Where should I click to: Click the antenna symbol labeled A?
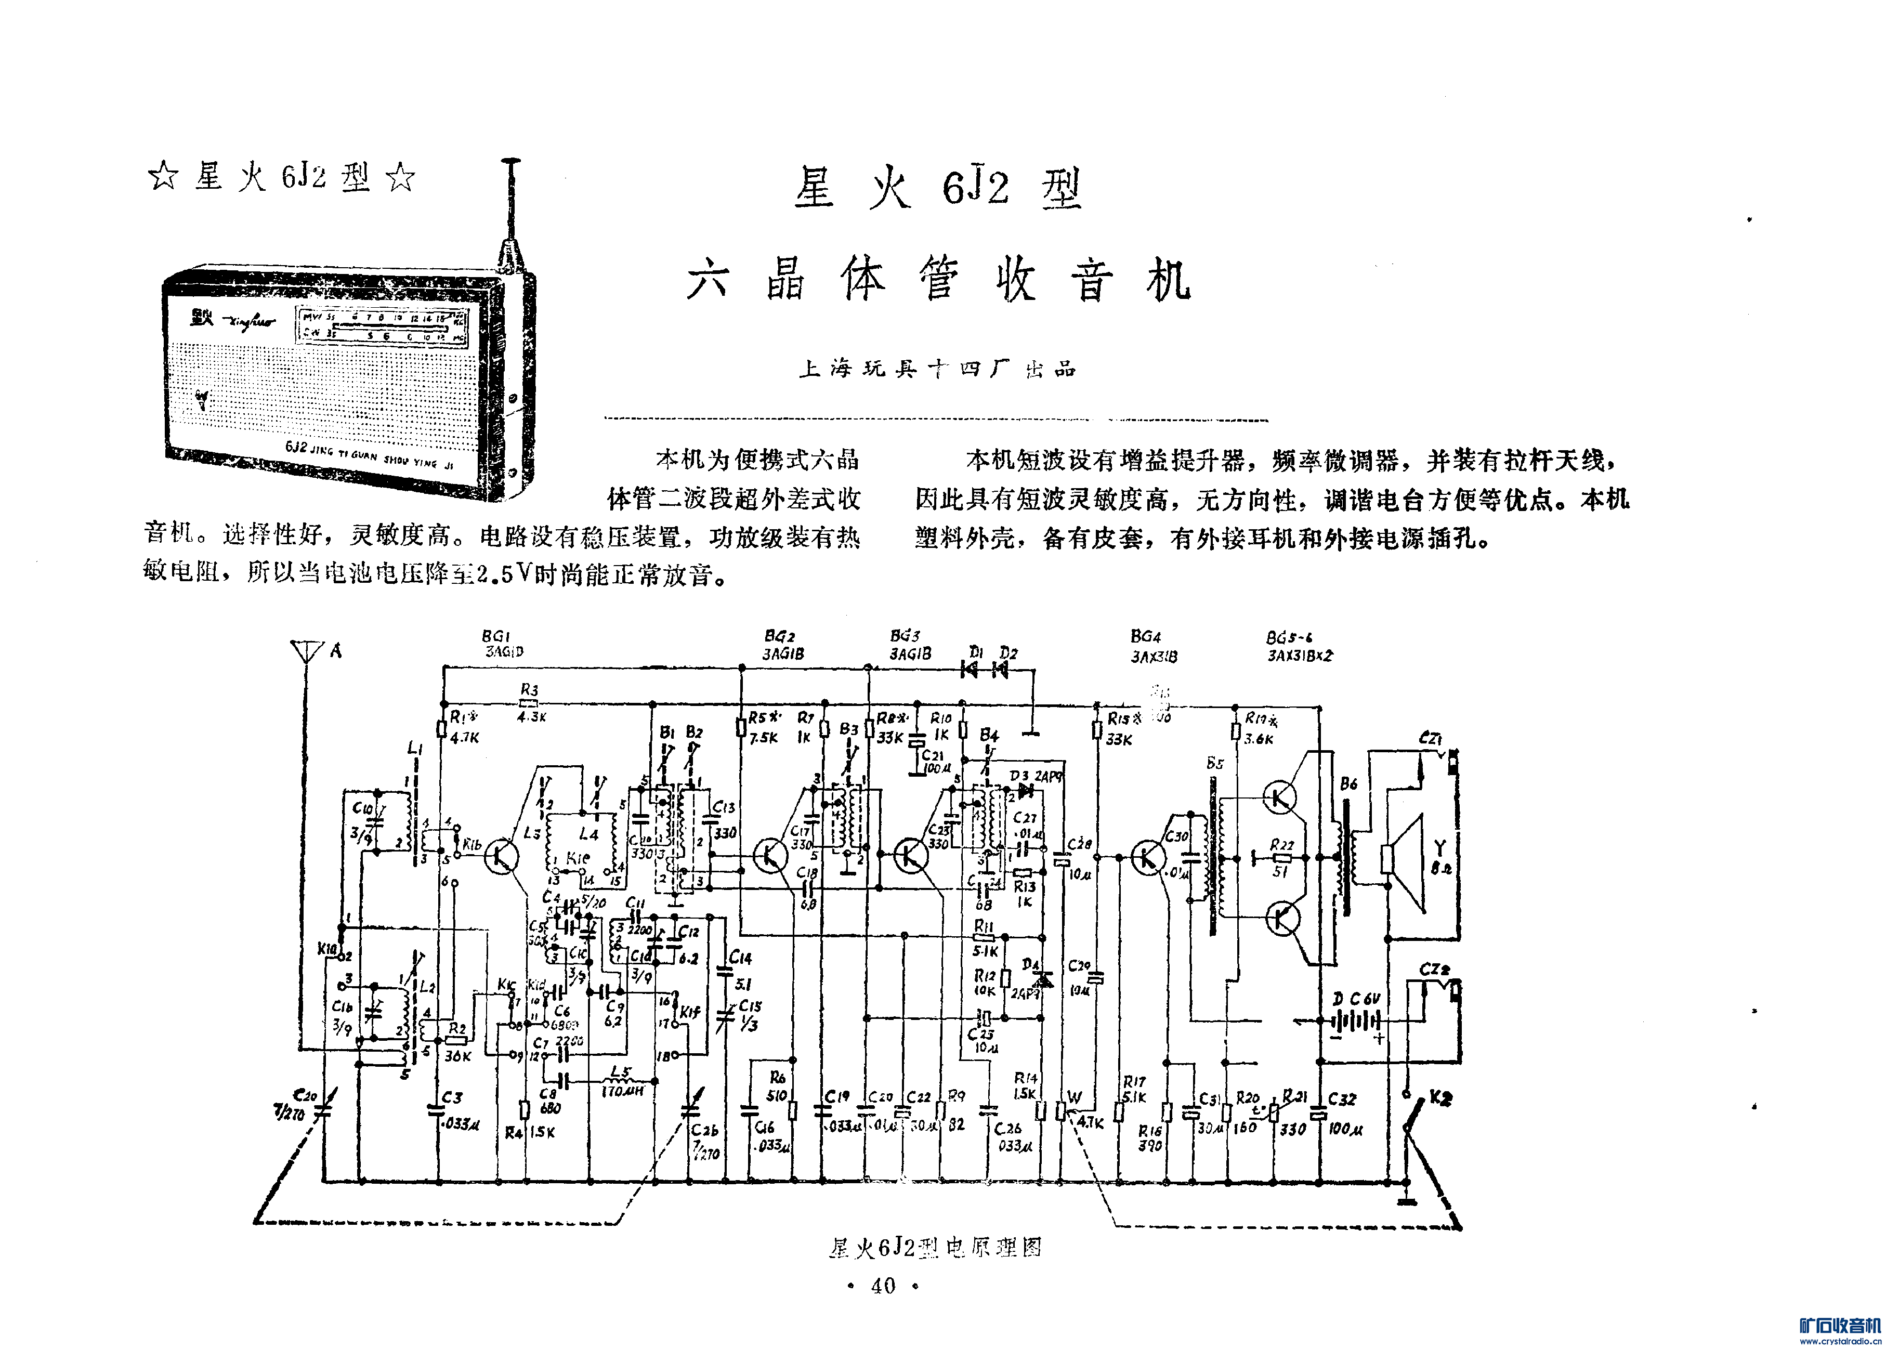click(306, 651)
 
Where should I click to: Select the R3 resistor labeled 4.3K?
click(529, 702)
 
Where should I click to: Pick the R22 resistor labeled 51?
click(1282, 857)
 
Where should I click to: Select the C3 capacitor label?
click(452, 1097)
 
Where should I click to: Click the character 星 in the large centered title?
click(814, 188)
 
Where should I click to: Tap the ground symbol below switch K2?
click(1405, 1201)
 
